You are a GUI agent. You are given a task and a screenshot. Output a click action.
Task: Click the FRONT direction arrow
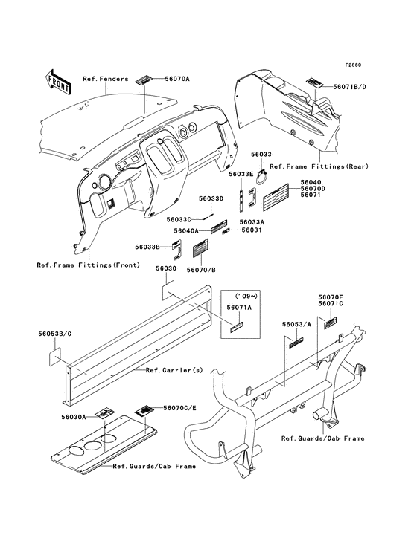click(58, 82)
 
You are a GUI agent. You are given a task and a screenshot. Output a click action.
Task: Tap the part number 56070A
click(177, 79)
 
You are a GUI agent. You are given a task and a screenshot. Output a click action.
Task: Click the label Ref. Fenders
click(106, 79)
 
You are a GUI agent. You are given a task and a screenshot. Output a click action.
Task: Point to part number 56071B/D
click(349, 87)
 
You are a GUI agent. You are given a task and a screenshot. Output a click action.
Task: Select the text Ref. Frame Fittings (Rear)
click(319, 166)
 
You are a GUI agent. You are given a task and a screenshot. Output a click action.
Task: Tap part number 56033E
click(241, 174)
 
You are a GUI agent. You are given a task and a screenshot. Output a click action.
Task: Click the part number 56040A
click(186, 230)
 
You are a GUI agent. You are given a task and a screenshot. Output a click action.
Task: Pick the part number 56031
click(252, 230)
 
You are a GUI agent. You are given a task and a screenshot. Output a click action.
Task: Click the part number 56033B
click(147, 247)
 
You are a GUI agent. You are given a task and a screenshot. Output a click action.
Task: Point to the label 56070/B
click(201, 270)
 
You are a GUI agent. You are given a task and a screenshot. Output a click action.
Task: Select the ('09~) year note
click(246, 296)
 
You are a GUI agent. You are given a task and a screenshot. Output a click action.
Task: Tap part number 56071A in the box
click(239, 308)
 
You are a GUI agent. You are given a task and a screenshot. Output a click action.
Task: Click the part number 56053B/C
click(55, 334)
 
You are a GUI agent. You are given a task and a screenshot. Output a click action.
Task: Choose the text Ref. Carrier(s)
click(174, 370)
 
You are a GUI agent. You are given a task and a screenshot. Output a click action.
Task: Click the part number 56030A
click(73, 417)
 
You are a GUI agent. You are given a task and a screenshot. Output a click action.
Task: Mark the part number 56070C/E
click(179, 408)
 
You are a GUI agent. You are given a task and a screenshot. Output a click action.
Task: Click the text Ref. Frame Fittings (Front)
click(89, 265)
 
